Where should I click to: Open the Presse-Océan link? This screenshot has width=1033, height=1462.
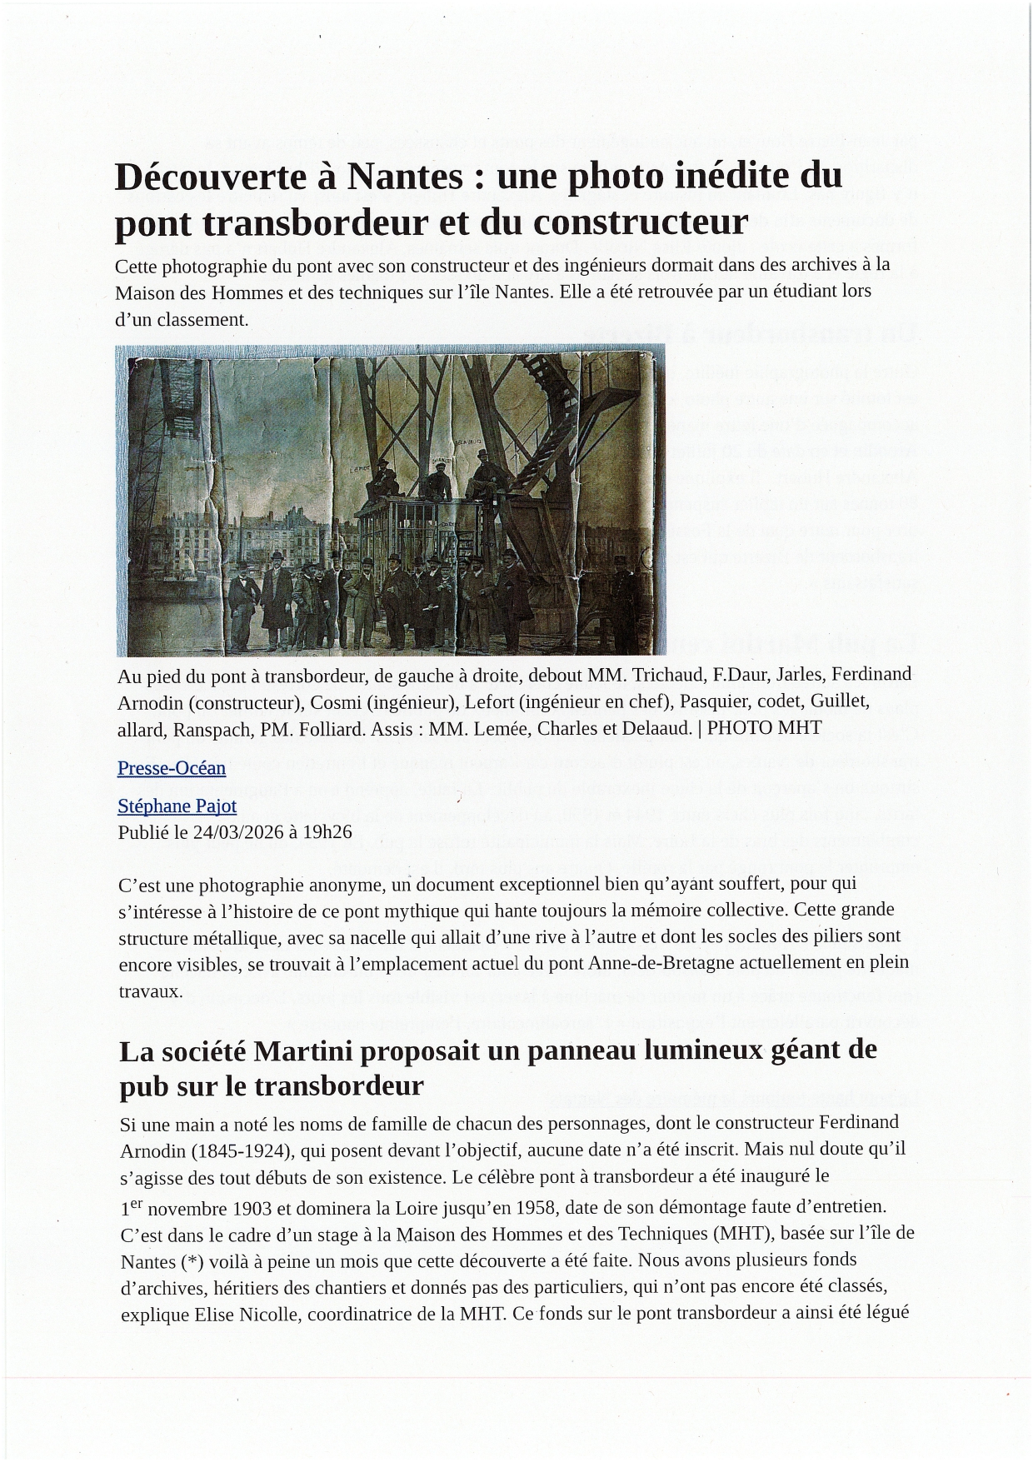(x=172, y=768)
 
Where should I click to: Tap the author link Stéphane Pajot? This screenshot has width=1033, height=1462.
(x=177, y=806)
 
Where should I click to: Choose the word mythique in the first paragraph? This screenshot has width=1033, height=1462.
(x=434, y=909)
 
